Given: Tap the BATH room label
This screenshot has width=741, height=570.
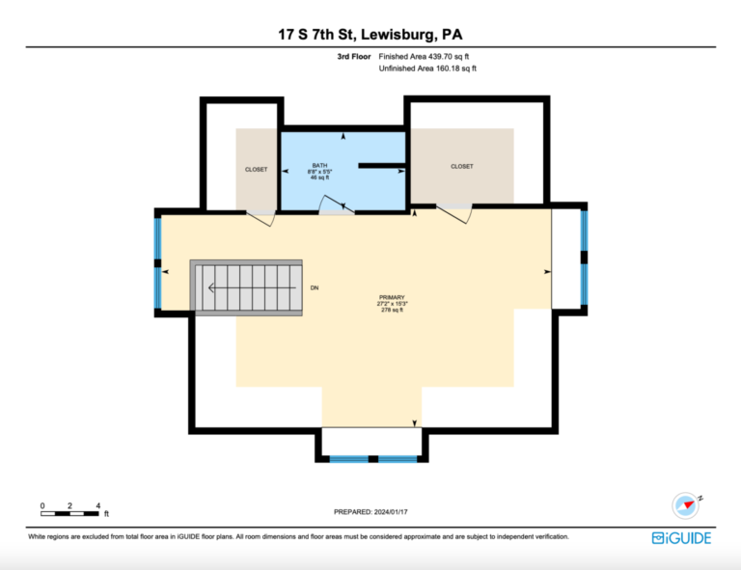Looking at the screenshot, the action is [320, 165].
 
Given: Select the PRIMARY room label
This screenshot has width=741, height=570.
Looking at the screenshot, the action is [392, 297].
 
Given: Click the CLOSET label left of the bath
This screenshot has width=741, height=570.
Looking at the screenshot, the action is [256, 170].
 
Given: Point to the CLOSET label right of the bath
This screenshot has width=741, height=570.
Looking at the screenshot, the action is [462, 166].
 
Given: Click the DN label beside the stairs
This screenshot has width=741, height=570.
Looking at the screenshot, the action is [315, 287].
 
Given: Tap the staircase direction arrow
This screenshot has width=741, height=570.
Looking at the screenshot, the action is [253, 287].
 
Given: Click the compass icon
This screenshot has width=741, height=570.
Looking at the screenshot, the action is [686, 505].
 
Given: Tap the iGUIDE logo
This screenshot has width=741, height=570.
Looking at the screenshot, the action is [681, 538].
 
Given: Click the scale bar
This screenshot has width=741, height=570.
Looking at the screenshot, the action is [69, 513].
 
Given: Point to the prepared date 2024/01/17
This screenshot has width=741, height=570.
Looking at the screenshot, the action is [391, 512].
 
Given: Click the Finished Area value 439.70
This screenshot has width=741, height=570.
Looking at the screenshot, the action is [440, 57].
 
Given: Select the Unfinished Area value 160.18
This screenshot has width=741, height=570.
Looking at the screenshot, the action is [447, 68].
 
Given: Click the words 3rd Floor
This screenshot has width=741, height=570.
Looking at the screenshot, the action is [354, 57].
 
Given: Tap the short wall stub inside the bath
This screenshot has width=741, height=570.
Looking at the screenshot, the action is [381, 166].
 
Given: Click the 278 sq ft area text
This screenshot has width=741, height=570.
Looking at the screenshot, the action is [393, 311].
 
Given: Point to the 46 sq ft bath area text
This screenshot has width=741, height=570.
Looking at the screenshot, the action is [320, 177].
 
